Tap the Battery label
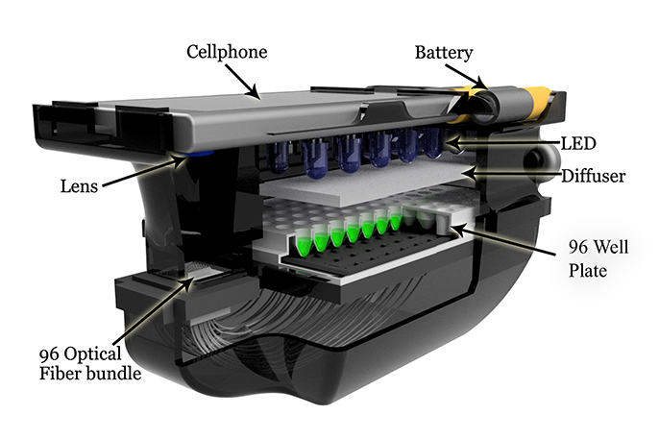coord(445,51)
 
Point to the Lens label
coord(76,182)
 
